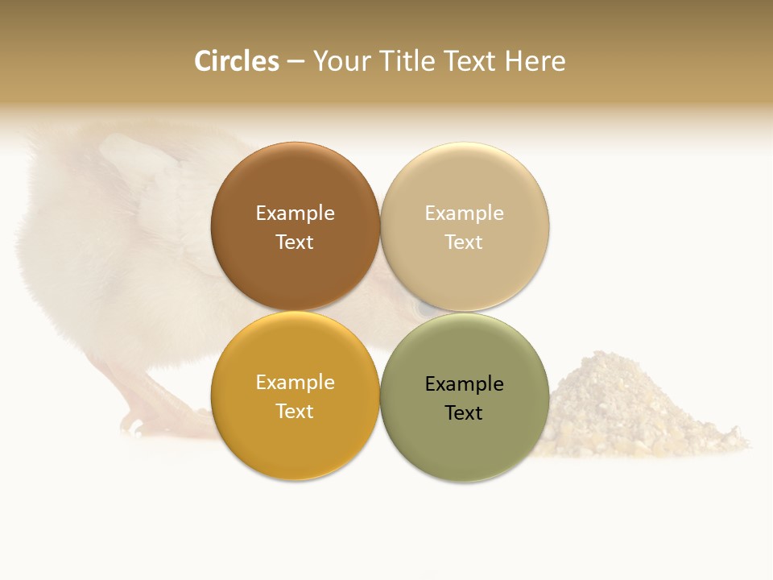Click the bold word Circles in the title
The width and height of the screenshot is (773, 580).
[x=237, y=61]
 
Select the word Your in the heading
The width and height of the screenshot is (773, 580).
[x=340, y=62]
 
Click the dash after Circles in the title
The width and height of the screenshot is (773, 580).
[x=296, y=62]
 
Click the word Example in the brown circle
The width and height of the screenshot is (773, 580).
[x=295, y=213]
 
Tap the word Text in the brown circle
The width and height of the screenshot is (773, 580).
[x=295, y=242]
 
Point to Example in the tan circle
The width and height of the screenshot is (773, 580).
[x=465, y=213]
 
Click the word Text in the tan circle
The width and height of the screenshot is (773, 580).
[x=465, y=242]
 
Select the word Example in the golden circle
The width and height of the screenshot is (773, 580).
[x=295, y=383]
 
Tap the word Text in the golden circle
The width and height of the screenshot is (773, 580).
[x=295, y=412]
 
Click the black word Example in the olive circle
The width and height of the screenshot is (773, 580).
[x=465, y=384]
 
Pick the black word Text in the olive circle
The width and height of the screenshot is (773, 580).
[x=465, y=413]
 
